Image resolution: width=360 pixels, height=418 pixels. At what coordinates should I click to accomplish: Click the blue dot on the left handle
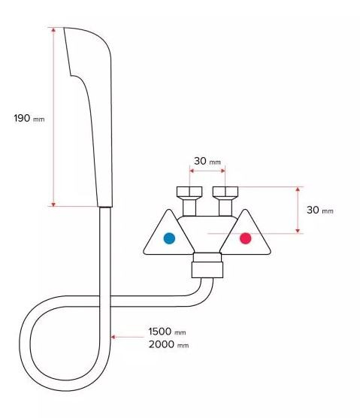pos(169,238)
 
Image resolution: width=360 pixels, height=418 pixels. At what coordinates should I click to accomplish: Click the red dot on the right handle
pos(246,238)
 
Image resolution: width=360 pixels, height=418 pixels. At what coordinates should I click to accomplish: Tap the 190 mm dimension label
pos(29,118)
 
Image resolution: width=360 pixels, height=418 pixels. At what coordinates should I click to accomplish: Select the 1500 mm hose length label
pos(167,332)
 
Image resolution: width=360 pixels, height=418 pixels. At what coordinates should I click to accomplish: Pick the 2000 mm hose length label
pos(168,344)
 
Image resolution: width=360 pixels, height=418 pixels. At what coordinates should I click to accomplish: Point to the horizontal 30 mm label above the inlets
pos(207,161)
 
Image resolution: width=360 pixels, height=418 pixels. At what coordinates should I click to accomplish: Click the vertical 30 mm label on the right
pos(319,210)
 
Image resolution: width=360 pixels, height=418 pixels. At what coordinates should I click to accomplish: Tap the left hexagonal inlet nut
pos(189,192)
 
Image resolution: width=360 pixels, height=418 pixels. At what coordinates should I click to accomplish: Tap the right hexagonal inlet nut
pos(225,192)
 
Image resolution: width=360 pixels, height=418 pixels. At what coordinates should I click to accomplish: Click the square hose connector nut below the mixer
pos(207,270)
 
